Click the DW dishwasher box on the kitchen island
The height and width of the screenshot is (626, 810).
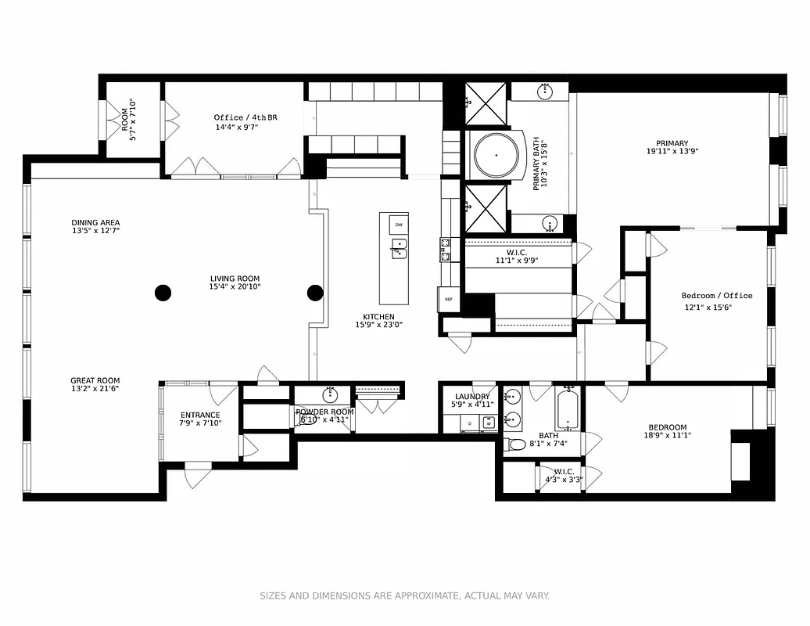399,225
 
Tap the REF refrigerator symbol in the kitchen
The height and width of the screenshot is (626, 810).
449,299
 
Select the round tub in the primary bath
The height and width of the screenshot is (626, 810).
496,155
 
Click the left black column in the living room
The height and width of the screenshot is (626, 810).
162,293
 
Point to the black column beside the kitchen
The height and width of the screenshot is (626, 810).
315,293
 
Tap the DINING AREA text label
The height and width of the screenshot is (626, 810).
95,223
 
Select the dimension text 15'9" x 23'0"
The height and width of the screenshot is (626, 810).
379,325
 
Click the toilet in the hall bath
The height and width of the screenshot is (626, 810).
516,445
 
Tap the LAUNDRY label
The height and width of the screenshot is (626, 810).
472,397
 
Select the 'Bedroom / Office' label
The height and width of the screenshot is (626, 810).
716,296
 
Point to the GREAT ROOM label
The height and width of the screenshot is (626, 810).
95,380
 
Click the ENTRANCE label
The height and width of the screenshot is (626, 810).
200,415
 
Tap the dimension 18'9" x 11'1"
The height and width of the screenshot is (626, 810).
667,436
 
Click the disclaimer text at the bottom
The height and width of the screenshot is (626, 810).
404,596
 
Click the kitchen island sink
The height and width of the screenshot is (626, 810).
399,250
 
